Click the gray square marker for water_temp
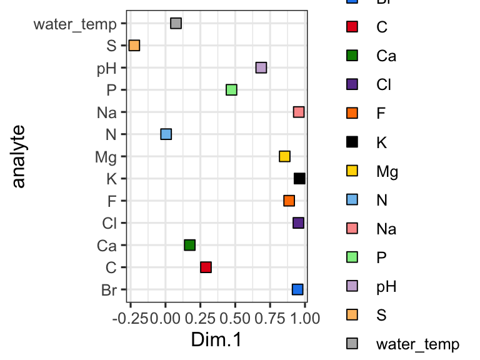(176, 24)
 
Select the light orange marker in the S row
(134, 46)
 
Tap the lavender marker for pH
(261, 67)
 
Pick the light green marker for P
(231, 90)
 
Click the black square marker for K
(299, 179)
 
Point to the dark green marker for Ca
(190, 245)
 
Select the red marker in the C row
(206, 267)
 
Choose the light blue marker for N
(166, 134)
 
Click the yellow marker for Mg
(284, 156)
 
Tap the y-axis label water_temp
(75, 24)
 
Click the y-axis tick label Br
(108, 290)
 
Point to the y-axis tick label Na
(107, 112)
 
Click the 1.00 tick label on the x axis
(304, 318)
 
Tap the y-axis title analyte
(19, 156)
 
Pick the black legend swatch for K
(351, 142)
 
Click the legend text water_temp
(417, 344)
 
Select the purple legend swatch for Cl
(351, 84)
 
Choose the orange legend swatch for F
(351, 113)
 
